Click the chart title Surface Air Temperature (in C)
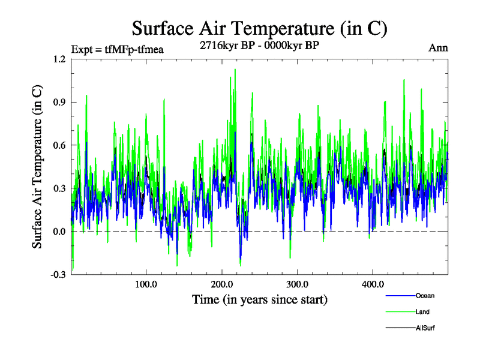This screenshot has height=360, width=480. coord(259,28)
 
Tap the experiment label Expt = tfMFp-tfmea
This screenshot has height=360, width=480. coord(117,49)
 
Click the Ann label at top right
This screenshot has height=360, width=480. coord(438,48)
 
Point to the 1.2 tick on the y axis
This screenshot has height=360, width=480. coord(59,59)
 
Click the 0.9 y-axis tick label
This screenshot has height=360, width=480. coord(59,102)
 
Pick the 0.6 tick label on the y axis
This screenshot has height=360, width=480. coord(59,145)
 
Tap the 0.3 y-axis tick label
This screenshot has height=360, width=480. coord(59,188)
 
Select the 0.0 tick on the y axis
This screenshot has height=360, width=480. coord(59,232)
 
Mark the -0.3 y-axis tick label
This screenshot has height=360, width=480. coord(58,275)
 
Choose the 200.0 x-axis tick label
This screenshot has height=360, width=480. coord(221,284)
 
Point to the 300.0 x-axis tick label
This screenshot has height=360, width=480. coord(297,284)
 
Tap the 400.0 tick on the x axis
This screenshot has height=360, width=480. coord(373,284)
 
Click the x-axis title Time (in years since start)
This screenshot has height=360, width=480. coord(259,299)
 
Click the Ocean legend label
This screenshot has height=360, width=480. coord(424,296)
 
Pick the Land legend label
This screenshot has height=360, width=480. coord(422,312)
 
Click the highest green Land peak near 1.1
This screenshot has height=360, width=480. coord(235,70)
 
